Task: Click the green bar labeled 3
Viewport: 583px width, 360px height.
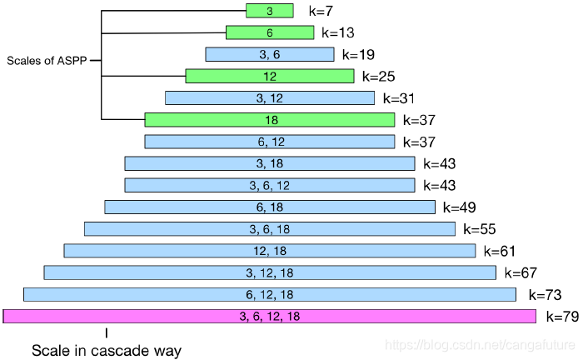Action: click(269, 11)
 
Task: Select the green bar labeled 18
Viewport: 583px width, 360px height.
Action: click(269, 120)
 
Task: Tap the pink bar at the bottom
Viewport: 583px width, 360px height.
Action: click(269, 316)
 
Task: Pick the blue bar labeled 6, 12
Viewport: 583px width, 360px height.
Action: click(269, 142)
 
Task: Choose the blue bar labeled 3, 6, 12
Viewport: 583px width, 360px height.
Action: click(269, 185)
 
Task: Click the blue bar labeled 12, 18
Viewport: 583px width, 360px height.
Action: click(269, 250)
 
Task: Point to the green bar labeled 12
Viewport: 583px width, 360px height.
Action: click(269, 76)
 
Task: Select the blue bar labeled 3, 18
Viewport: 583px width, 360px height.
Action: click(269, 163)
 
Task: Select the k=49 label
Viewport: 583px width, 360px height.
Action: click(461, 207)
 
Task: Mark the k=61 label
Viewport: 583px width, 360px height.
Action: click(501, 250)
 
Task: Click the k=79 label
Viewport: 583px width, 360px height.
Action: click(562, 316)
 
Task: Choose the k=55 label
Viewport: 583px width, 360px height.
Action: click(481, 228)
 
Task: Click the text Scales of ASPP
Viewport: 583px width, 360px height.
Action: click(47, 61)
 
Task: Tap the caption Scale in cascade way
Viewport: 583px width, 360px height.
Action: click(106, 350)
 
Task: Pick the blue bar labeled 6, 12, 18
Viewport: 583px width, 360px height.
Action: click(269, 294)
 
